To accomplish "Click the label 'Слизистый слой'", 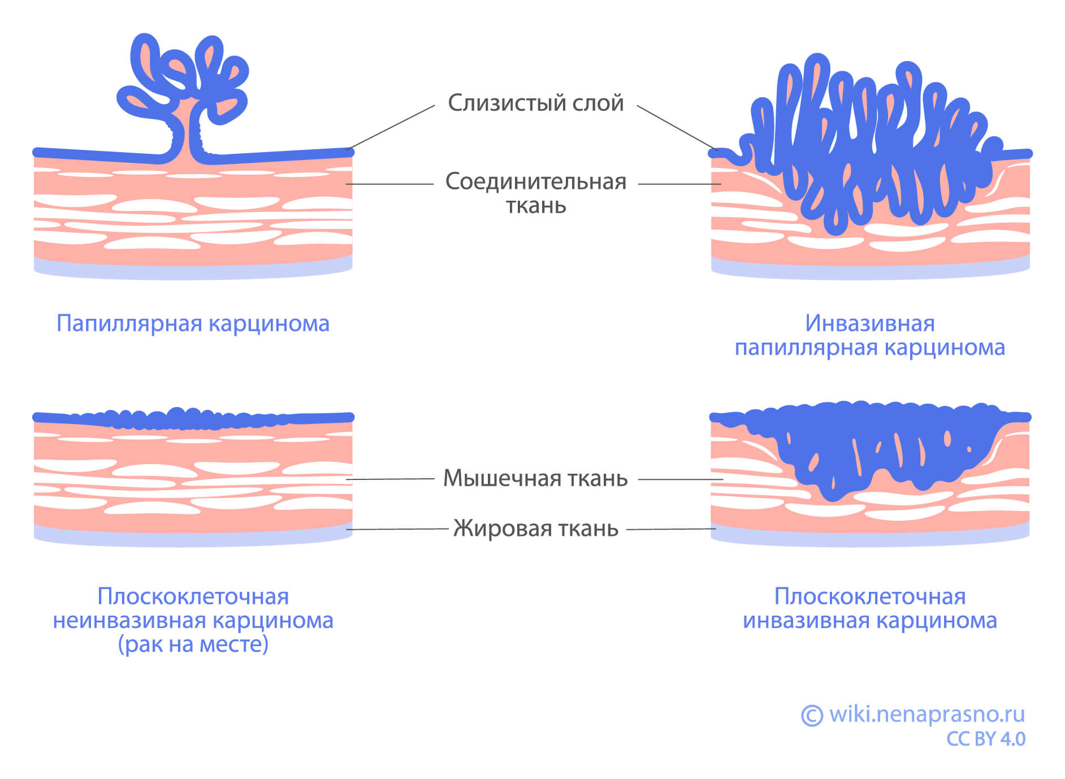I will tap(535, 103).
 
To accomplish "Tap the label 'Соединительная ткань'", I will tap(535, 193).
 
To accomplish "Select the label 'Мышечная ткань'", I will tap(535, 478).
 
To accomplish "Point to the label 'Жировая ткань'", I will tap(535, 529).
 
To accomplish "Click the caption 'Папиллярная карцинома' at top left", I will tap(193, 323).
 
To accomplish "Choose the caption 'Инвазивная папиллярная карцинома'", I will tap(869, 335).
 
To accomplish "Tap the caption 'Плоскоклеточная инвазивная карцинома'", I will tap(869, 608).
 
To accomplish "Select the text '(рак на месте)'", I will tap(193, 644).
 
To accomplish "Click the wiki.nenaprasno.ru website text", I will tap(927, 715).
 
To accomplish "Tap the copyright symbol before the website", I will tap(812, 716).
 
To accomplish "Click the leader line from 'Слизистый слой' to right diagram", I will tap(676, 127).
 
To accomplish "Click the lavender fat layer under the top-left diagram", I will tap(193, 270).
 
